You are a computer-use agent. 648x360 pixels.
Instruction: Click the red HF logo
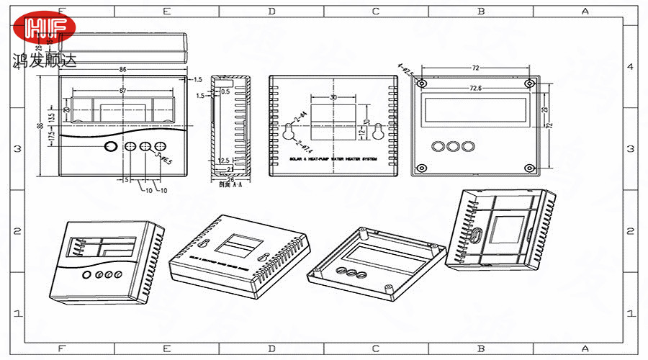tap(49, 29)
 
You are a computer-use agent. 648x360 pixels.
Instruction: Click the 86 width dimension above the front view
tap(123, 70)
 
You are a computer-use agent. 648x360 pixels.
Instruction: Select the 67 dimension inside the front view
tap(123, 91)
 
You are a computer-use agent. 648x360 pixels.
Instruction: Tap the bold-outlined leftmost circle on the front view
tap(111, 147)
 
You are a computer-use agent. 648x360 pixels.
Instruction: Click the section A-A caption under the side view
tap(229, 184)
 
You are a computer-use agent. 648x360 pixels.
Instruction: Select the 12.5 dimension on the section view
tap(223, 161)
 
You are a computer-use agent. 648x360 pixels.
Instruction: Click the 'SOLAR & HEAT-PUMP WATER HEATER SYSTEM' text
tap(333, 158)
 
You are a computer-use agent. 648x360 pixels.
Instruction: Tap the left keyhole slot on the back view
tap(287, 132)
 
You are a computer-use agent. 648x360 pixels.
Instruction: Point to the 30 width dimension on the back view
tap(333, 97)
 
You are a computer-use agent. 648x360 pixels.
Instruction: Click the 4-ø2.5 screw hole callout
tap(405, 71)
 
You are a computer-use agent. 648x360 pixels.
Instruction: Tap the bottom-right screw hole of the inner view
tap(530, 168)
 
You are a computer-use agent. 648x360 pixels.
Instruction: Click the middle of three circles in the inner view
tap(453, 146)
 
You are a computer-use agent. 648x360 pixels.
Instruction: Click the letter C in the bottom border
tap(376, 348)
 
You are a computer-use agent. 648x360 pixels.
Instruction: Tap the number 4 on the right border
tap(630, 66)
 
